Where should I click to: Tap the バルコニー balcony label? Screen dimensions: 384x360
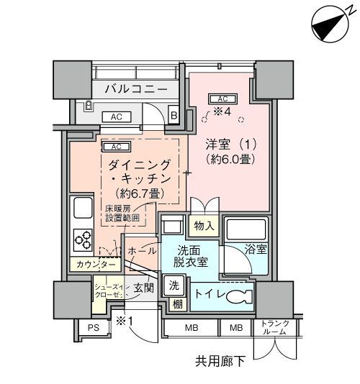pos(135,89)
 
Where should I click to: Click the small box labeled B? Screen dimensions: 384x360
pos(174,114)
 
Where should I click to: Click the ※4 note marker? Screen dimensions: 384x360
pos(222,111)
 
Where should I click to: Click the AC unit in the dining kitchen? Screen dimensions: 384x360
pos(116,147)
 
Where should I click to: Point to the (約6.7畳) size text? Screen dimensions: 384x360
pos(141,193)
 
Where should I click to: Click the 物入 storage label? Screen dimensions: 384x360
pos(204,226)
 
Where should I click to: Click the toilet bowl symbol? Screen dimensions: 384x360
pos(237,296)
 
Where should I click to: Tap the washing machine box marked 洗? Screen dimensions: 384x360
pos(174,285)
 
